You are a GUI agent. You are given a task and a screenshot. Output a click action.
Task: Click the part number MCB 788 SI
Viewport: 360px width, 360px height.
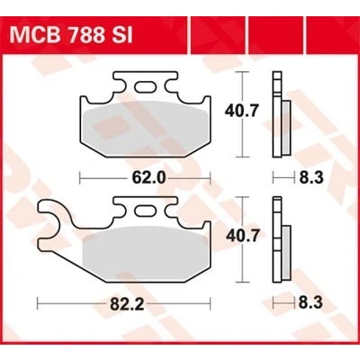[x=71, y=35]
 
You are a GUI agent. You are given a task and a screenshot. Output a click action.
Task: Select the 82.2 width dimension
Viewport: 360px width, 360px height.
[x=127, y=304]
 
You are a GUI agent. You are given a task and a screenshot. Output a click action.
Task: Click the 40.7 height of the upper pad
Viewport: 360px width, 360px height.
[x=241, y=112]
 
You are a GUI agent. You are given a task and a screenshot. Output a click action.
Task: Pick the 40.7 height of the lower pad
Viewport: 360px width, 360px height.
[x=242, y=236]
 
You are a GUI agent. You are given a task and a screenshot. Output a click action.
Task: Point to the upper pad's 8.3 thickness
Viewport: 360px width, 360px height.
[x=311, y=177]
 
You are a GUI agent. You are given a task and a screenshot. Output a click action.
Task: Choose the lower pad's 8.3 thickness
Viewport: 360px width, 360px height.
[x=310, y=302]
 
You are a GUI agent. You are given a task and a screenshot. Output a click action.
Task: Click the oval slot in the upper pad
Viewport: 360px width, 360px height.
[x=145, y=87]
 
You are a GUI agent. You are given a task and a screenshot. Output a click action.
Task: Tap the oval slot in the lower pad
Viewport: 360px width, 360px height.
[x=145, y=211]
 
